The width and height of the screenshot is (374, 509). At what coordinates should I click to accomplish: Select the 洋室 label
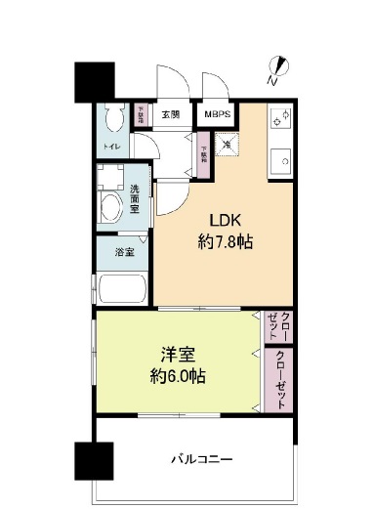tap(176, 354)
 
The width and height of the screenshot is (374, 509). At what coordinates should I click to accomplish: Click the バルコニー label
tap(201, 457)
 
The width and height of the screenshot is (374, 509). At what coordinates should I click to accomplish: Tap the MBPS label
tap(219, 113)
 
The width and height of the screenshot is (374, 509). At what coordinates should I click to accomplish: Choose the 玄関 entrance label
tap(171, 114)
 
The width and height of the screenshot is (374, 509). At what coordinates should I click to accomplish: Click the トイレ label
tap(110, 148)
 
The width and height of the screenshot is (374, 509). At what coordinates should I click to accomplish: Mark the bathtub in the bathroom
tap(122, 289)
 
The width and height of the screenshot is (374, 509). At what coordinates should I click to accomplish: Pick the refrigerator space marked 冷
tap(227, 145)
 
